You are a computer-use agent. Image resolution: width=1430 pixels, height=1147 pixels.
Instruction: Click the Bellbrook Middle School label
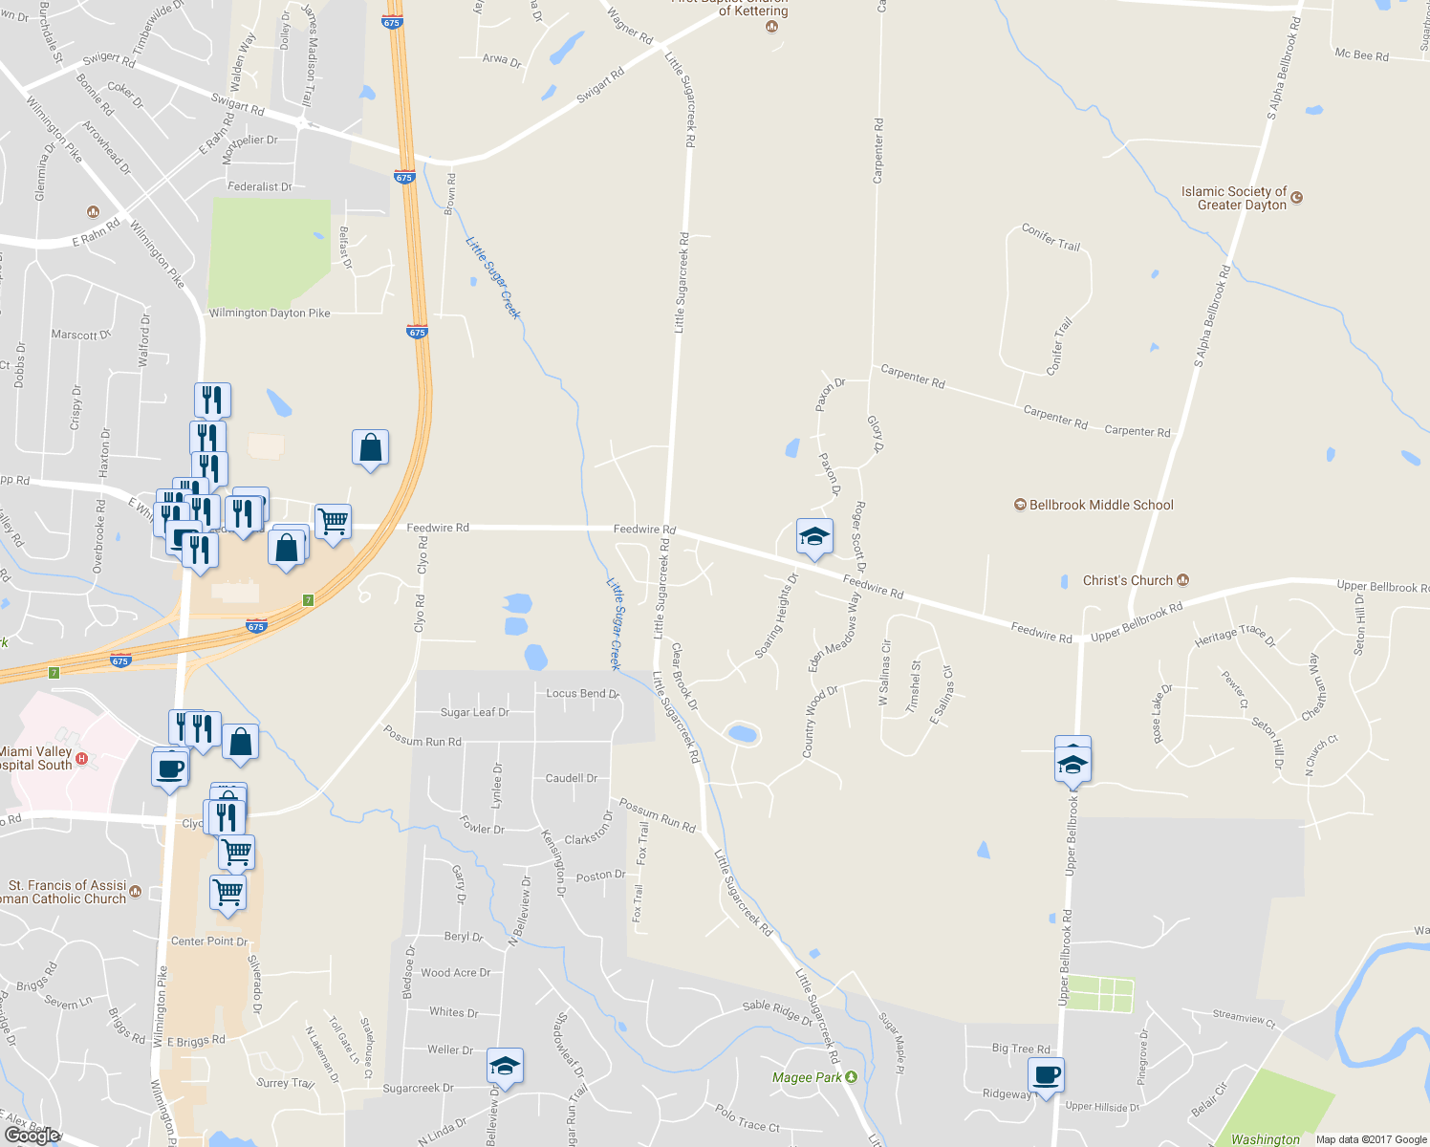[1100, 505]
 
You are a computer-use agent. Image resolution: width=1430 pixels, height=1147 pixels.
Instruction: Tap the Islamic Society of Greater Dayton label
[1234, 198]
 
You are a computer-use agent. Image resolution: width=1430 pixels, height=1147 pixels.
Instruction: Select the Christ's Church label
[1127, 580]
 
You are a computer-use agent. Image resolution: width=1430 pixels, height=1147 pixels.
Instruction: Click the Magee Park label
[808, 1077]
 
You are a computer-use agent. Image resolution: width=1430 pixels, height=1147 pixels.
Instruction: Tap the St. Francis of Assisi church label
[67, 892]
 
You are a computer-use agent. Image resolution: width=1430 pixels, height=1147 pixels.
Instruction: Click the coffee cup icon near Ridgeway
[1048, 1074]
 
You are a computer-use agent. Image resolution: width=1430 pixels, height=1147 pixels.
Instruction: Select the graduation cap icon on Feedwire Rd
[814, 536]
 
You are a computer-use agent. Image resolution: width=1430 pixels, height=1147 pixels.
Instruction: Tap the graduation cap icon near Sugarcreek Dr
[504, 1066]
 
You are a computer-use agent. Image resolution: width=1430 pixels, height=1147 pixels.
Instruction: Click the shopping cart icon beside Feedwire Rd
[333, 522]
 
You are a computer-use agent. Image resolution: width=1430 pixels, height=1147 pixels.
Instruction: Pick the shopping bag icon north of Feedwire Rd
[370, 447]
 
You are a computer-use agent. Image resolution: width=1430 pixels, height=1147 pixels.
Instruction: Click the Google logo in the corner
[33, 1136]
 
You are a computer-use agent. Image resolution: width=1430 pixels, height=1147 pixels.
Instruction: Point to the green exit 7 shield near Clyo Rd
[308, 600]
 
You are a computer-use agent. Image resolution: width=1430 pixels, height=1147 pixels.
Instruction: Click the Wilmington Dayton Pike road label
[270, 313]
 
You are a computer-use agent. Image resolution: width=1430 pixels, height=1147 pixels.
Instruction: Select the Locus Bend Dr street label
[582, 693]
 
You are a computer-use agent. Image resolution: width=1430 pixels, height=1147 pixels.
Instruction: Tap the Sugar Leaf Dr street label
[474, 712]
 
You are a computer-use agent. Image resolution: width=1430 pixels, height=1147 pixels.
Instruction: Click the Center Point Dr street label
[208, 941]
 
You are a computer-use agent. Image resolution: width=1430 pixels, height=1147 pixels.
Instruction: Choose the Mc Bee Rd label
[1361, 54]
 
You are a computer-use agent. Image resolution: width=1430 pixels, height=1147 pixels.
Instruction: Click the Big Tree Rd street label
[1020, 1049]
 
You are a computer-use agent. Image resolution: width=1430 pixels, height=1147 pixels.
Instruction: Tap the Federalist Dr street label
[259, 186]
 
